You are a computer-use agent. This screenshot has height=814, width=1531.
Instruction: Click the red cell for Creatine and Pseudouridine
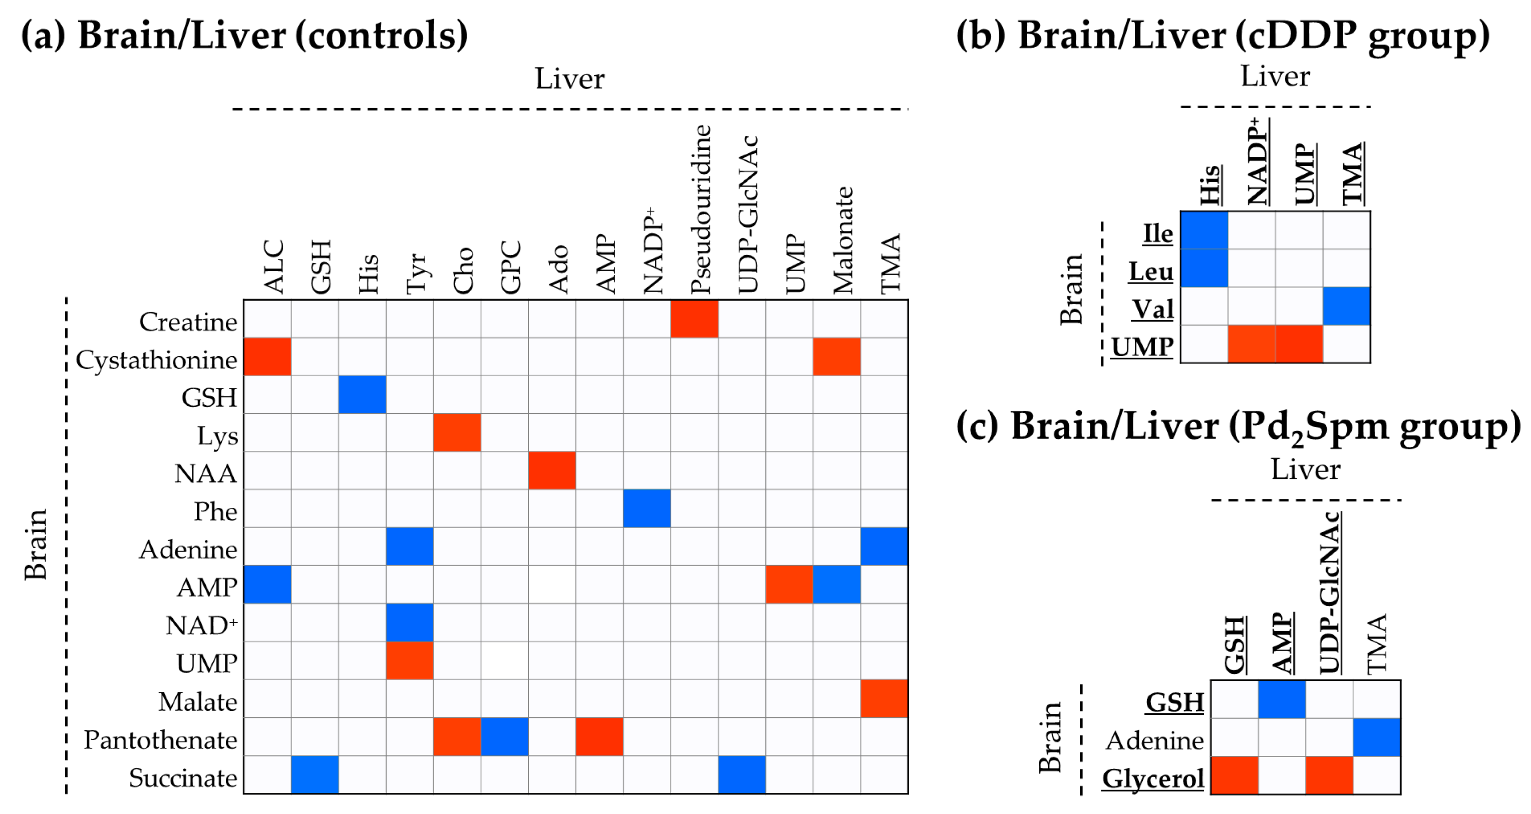pyautogui.click(x=694, y=319)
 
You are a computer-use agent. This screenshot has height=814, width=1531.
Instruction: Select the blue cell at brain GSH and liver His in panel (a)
pyautogui.click(x=362, y=394)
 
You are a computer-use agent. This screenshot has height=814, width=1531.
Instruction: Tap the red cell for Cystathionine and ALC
pyautogui.click(x=267, y=357)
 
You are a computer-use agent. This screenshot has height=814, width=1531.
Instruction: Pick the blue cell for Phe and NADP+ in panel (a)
pyautogui.click(x=647, y=508)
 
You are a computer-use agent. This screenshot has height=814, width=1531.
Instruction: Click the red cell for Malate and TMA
pyautogui.click(x=884, y=699)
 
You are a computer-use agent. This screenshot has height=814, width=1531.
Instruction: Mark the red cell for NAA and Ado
pyautogui.click(x=551, y=470)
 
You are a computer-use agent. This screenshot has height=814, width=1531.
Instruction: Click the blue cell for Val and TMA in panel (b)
pyautogui.click(x=1346, y=306)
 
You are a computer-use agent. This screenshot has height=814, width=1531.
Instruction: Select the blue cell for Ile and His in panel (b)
pyautogui.click(x=1204, y=230)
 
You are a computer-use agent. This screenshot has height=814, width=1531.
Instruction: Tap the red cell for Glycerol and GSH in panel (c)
pyautogui.click(x=1235, y=775)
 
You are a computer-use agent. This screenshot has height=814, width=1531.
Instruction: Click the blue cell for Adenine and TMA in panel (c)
pyautogui.click(x=1376, y=737)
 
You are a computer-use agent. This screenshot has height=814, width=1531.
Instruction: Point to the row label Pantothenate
pyautogui.click(x=160, y=740)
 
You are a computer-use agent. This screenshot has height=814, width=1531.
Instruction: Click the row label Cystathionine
pyautogui.click(x=156, y=360)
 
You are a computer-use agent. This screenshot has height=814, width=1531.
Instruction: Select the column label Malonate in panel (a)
pyautogui.click(x=843, y=240)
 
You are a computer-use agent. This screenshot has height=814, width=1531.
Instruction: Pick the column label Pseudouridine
pyautogui.click(x=701, y=209)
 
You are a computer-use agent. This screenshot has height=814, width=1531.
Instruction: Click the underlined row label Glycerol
pyautogui.click(x=1153, y=778)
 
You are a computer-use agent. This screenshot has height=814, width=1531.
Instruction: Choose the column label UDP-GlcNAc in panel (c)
pyautogui.click(x=1330, y=593)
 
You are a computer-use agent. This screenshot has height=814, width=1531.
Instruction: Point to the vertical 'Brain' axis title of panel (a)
pyautogui.click(x=36, y=544)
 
